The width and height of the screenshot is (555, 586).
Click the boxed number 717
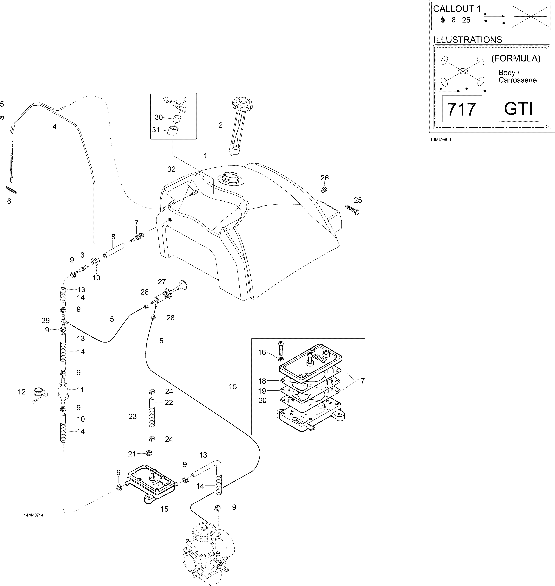(x=461, y=109)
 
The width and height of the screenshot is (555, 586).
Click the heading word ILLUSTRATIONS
(x=468, y=40)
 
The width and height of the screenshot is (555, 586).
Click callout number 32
(x=171, y=169)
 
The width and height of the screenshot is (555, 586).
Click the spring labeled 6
(x=11, y=190)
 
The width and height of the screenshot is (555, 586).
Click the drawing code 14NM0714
(x=34, y=515)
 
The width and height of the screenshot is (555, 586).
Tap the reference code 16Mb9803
(x=441, y=140)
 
